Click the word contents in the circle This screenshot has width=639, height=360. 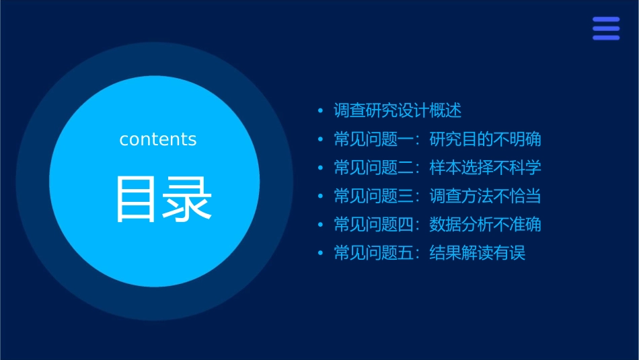157,139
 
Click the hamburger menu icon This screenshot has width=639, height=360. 606,28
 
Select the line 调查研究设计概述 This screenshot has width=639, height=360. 398,111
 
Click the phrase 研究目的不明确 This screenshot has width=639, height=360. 485,139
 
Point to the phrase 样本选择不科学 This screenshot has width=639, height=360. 485,168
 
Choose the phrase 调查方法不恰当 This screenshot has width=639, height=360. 485,196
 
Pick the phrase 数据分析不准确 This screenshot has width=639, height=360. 485,224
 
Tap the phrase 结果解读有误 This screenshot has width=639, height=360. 477,253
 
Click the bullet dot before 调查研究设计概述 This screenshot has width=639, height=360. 321,111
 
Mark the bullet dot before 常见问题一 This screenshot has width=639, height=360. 321,139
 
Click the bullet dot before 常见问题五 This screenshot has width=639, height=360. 321,253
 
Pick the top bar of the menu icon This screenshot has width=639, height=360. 606,20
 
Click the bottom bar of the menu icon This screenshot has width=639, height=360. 606,38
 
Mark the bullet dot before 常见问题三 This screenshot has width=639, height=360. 321,196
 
